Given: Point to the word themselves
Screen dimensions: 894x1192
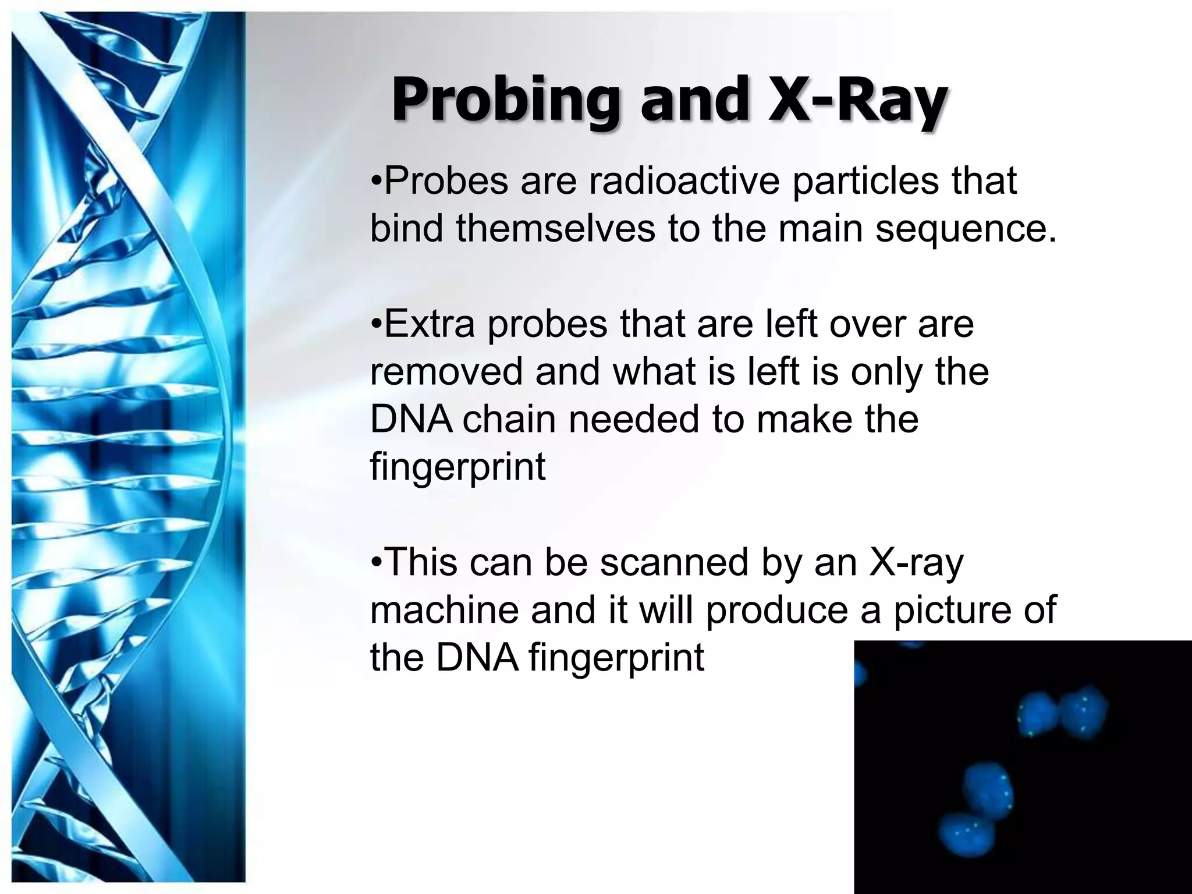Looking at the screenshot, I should click(555, 228).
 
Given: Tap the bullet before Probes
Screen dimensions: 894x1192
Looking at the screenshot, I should click(376, 181).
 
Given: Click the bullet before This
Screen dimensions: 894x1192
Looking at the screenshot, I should click(376, 563).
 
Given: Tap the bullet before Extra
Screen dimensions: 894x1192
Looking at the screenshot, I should click(376, 324).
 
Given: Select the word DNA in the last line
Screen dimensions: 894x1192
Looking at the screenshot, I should click(477, 658).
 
